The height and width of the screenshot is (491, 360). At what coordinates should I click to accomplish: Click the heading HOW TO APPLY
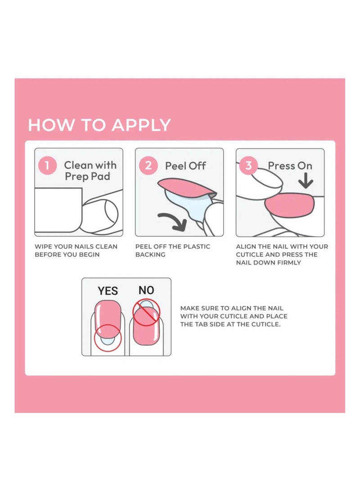point(99,125)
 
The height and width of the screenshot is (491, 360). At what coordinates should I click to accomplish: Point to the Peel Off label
point(185,166)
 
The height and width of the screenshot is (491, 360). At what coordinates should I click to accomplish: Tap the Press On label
point(290,166)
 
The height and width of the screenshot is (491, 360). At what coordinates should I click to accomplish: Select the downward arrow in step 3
point(306,181)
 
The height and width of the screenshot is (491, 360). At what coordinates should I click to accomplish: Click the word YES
point(108,291)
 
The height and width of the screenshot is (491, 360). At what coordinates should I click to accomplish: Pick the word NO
point(146,290)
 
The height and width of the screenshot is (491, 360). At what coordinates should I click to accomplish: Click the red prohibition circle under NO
point(146,312)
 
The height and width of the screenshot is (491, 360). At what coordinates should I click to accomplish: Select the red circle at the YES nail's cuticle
point(108,337)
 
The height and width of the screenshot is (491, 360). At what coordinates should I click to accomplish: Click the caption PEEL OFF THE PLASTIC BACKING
point(173,250)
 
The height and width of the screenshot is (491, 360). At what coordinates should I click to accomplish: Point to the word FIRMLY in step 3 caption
point(288,262)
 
